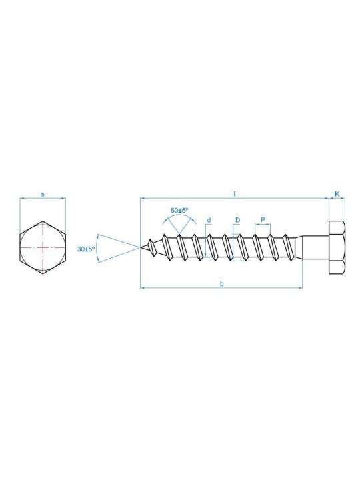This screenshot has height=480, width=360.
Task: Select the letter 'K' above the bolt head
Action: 337,193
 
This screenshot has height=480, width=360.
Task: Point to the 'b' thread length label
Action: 221,283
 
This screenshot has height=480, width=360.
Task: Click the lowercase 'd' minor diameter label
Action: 209,219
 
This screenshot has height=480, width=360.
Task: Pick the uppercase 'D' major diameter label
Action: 237,219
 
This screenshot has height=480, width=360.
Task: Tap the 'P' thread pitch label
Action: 263,219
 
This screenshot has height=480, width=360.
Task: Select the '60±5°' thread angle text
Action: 179,210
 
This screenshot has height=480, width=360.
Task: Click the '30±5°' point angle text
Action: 86,248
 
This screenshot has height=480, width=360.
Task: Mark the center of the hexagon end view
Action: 43,247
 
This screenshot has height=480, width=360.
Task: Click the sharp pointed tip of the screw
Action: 142,247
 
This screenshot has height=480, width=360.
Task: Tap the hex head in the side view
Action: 337,247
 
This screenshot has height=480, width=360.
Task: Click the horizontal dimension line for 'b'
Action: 200,288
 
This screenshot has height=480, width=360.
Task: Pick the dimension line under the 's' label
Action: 43,199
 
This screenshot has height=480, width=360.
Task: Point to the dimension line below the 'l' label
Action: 200,199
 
